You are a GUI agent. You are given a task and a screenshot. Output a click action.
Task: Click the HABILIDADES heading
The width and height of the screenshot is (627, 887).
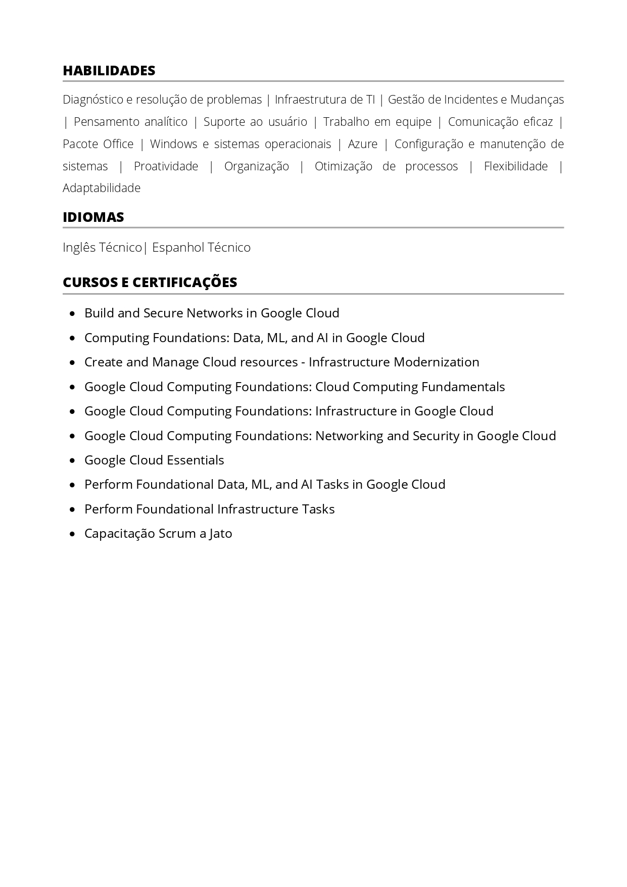[109, 71]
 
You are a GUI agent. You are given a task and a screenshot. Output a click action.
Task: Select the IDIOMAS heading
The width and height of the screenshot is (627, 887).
[93, 217]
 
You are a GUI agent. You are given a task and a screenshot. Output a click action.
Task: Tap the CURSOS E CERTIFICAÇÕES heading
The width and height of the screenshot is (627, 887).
[150, 283]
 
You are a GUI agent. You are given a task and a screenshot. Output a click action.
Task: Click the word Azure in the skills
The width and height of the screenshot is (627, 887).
[362, 144]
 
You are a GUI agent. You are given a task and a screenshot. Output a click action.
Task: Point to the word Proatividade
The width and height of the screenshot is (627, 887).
[166, 166]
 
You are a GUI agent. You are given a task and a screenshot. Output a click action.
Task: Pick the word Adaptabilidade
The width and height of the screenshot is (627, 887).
[102, 188]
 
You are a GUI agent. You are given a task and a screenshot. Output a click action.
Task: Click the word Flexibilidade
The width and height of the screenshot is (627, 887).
[515, 166]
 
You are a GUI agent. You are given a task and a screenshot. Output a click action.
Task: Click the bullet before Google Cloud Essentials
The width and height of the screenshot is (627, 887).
[74, 460]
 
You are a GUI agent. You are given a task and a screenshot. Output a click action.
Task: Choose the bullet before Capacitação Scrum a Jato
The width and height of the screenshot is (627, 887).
[74, 534]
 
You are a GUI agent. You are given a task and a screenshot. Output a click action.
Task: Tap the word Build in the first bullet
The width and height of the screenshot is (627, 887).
[99, 313]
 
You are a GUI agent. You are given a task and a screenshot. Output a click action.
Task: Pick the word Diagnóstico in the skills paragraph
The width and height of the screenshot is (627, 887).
[92, 100]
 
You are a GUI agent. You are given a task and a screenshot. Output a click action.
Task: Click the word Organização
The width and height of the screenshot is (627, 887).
[256, 166]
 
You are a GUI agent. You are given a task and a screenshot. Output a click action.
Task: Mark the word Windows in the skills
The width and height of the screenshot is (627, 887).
[173, 144]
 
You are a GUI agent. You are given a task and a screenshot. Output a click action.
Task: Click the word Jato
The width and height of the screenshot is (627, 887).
[221, 534]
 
